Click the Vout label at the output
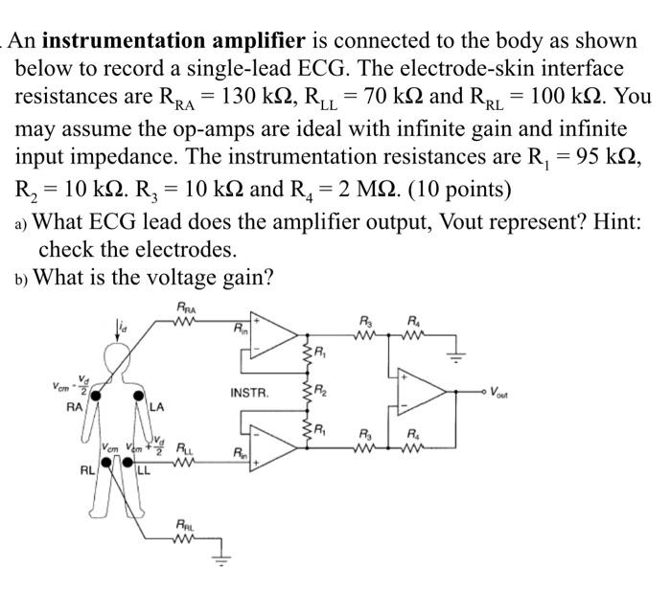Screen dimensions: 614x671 point(505,392)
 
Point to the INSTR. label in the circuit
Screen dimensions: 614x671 point(249,393)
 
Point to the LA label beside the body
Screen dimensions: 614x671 point(157,408)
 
